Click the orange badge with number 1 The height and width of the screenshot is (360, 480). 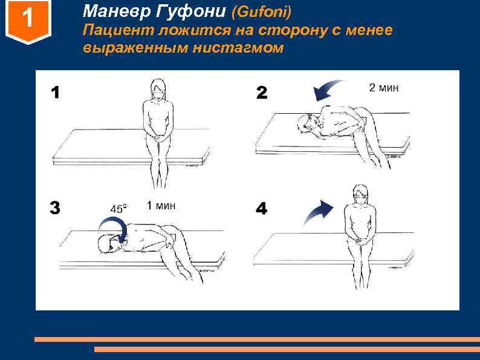click(28, 21)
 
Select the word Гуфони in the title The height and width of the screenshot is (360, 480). click(190, 12)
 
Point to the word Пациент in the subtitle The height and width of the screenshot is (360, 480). click(118, 30)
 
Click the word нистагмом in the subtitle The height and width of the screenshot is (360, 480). click(238, 48)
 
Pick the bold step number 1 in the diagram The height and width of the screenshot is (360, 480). click(56, 93)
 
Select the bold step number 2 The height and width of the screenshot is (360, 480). click(262, 93)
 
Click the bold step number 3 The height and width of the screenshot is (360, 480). click(55, 208)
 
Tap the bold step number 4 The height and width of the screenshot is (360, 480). click(261, 209)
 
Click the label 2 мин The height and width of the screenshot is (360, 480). click(384, 88)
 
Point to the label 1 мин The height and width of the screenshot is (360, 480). click(161, 205)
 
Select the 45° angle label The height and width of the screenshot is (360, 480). click(118, 209)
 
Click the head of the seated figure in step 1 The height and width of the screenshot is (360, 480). click(158, 89)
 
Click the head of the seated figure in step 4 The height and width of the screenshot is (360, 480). click(360, 194)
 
